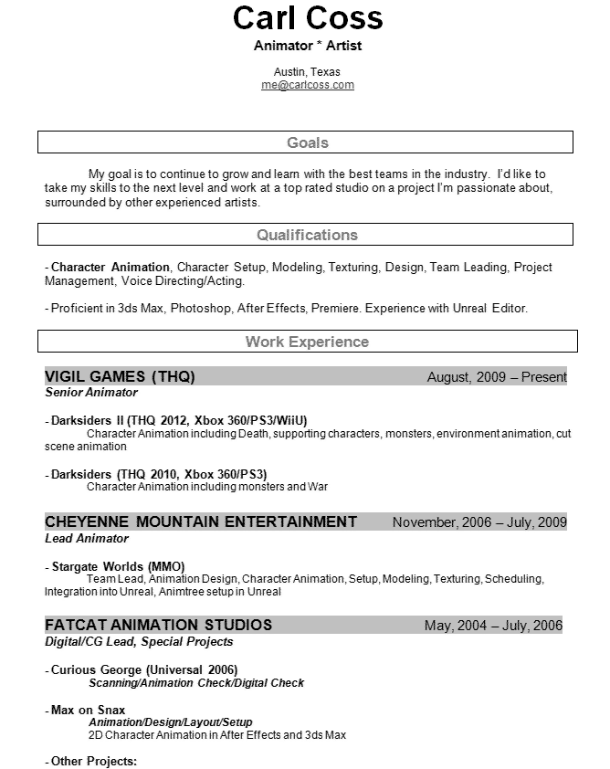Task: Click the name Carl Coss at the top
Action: point(307,19)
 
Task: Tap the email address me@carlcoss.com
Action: point(307,85)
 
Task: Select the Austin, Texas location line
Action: point(307,72)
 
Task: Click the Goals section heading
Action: point(307,142)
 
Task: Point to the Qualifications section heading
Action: point(307,235)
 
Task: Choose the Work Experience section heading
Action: point(307,342)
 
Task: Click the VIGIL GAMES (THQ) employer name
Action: point(120,376)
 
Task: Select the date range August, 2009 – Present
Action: point(497,376)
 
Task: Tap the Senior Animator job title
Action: point(91,393)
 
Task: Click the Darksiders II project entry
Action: point(179,420)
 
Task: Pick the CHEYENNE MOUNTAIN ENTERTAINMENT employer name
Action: point(201,522)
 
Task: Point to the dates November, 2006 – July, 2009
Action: point(479,522)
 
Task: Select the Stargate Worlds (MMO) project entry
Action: point(118,566)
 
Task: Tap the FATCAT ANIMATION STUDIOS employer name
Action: point(159,626)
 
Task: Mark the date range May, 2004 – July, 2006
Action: point(493,626)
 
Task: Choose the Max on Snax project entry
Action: point(88,710)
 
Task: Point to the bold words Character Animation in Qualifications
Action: point(110,268)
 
